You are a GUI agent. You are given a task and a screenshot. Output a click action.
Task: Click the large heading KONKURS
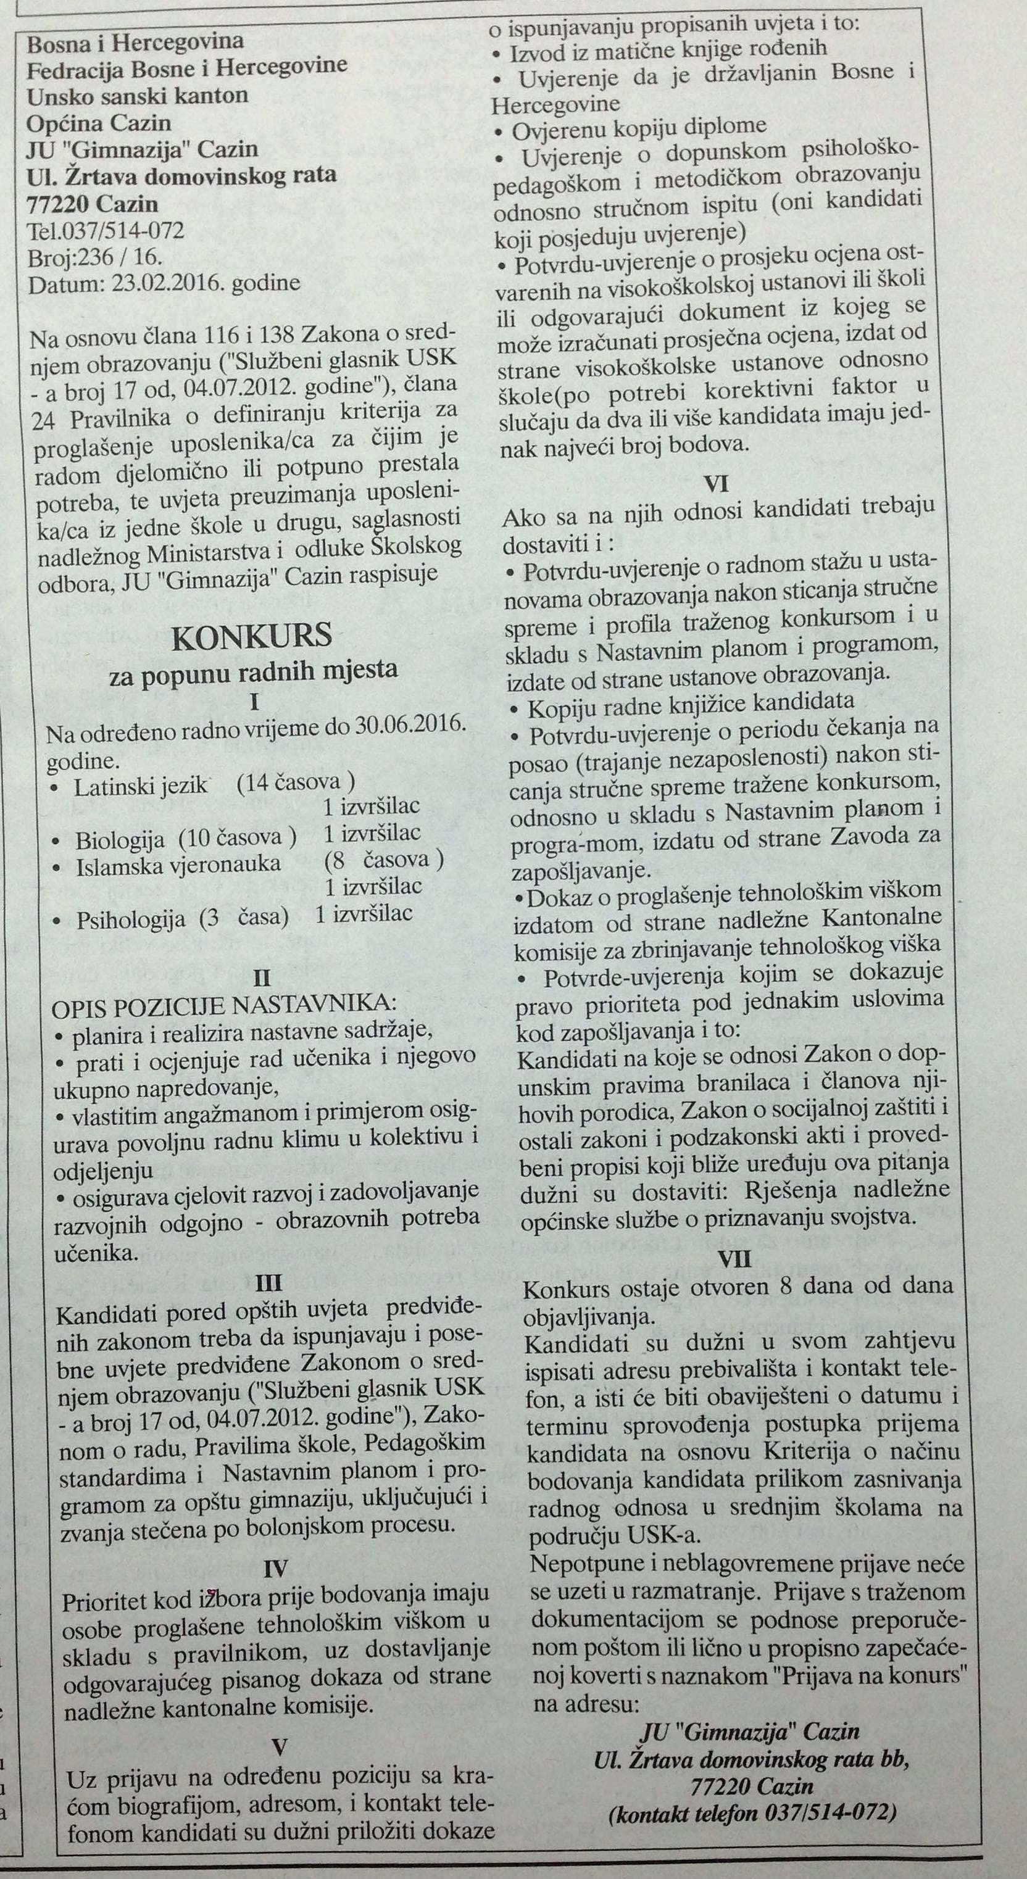point(252,637)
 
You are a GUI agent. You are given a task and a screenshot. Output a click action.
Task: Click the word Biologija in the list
point(120,840)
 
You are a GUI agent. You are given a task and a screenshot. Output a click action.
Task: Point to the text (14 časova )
point(296,782)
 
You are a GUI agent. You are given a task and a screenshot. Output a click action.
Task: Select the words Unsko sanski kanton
point(138,96)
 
